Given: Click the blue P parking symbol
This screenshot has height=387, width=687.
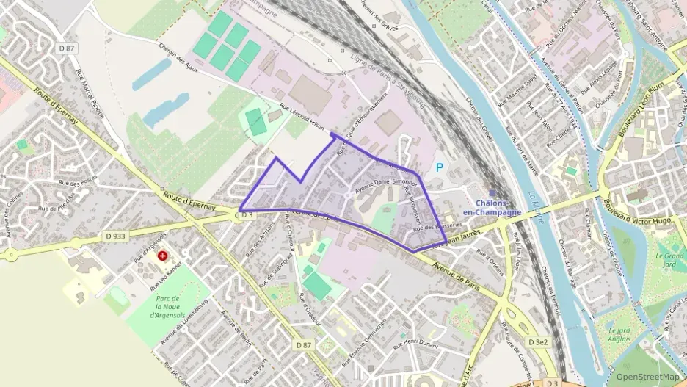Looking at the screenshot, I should (440, 167).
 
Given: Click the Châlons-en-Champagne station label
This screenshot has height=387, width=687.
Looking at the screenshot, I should (498, 207).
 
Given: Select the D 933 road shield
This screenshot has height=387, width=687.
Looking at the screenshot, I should (114, 236).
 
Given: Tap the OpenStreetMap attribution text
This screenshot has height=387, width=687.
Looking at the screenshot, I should (647, 377).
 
